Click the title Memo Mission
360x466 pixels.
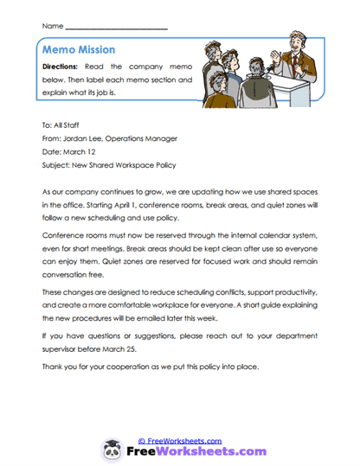tap(78, 50)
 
